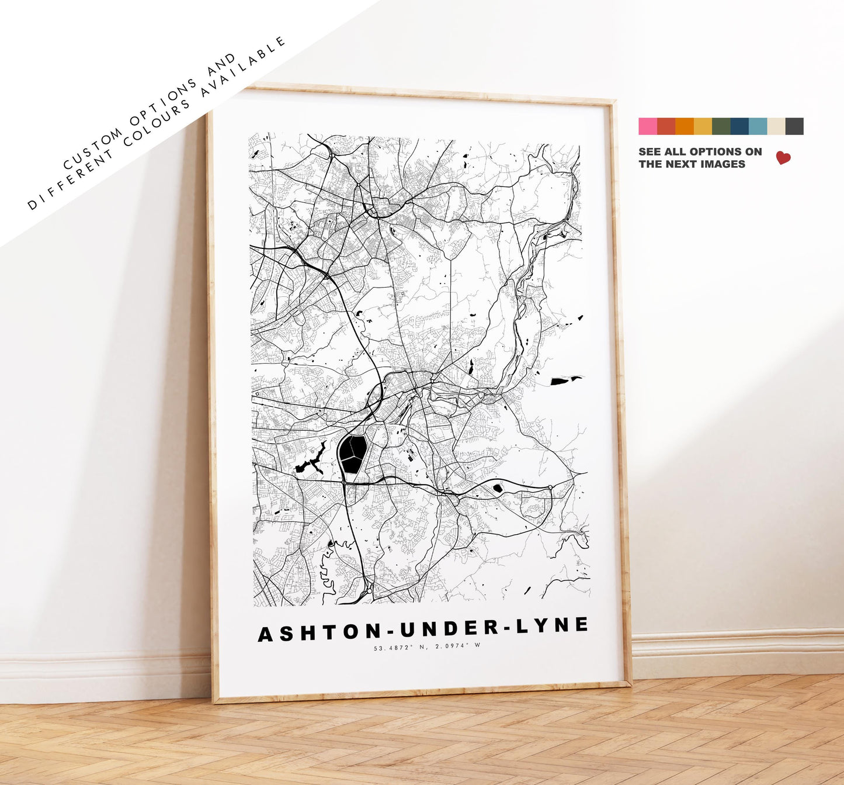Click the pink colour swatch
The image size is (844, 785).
tap(648, 126)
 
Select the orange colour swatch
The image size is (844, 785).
tap(685, 126)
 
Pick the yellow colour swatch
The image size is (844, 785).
tap(703, 126)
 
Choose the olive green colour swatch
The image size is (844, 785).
tap(721, 126)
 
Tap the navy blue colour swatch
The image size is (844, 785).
tap(739, 126)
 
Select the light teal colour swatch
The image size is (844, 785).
tap(758, 126)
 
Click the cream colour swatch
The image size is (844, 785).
tap(776, 126)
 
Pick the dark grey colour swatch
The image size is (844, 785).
tap(794, 126)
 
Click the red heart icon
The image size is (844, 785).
tap(783, 157)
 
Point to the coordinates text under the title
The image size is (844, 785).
tap(426, 646)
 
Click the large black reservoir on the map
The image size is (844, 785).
tap(353, 454)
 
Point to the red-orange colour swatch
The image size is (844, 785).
tap(666, 126)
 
